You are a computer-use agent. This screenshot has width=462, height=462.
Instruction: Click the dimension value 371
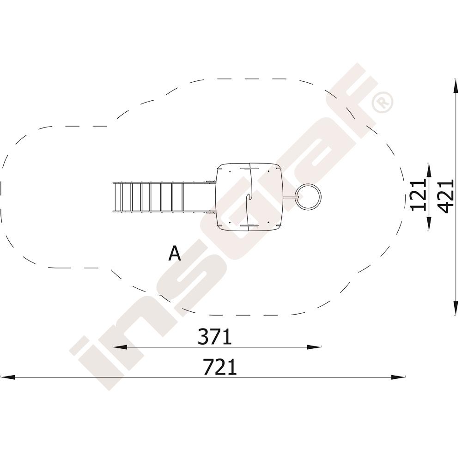tap(215, 337)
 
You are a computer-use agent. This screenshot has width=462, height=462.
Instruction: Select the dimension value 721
tap(220, 366)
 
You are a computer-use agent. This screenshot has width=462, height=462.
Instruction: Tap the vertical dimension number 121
tap(419, 195)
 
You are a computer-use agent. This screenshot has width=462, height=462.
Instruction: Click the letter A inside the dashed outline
tap(175, 253)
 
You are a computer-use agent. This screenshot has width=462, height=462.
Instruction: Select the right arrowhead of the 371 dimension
tap(314, 347)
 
